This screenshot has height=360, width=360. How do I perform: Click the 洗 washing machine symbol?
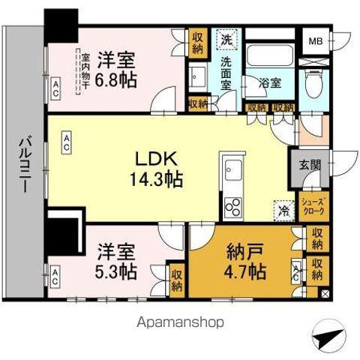click(x=226, y=42)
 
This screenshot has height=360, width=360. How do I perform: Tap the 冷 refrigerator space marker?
click(x=283, y=211)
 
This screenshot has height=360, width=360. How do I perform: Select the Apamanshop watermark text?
click(x=180, y=322)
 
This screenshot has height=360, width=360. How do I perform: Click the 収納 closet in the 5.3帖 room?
click(x=177, y=279)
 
